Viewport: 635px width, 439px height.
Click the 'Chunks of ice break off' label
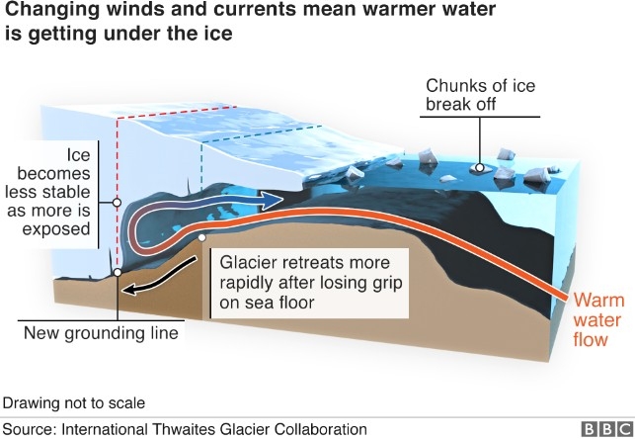click(x=480, y=95)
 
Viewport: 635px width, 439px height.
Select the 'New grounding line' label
click(x=102, y=333)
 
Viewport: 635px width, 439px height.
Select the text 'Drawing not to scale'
click(x=74, y=403)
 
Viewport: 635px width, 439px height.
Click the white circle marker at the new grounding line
click(x=117, y=271)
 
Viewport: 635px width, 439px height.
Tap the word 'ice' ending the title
click(x=214, y=37)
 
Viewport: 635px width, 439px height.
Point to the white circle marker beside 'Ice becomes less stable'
click(x=117, y=202)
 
